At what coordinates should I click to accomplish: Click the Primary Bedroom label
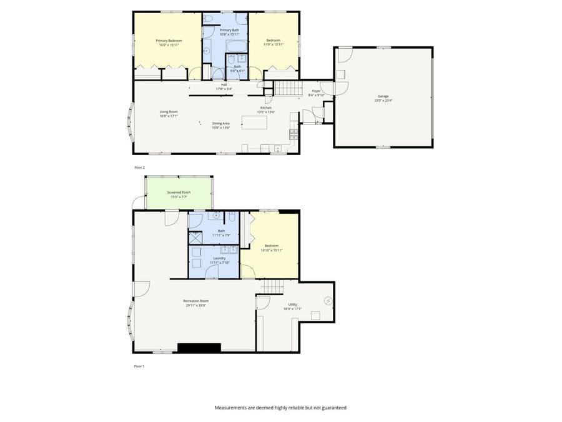(x=169, y=41)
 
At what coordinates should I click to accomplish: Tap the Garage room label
(x=382, y=96)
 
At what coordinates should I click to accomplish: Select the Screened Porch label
(x=179, y=193)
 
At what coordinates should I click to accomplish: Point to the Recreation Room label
(x=195, y=301)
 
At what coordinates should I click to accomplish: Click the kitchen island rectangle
(x=254, y=123)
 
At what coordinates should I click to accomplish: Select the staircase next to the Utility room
(x=272, y=287)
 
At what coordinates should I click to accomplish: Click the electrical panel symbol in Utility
(x=328, y=301)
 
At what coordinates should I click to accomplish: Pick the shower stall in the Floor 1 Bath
(x=195, y=238)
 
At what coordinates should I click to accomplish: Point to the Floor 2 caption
(x=139, y=168)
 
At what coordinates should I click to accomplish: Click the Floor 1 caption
(x=139, y=366)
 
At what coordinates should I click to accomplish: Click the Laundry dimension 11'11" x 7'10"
(x=219, y=263)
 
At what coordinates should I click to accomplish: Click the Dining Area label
(x=221, y=123)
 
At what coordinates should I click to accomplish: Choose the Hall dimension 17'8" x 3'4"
(x=224, y=89)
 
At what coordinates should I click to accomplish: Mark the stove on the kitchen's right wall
(x=293, y=133)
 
